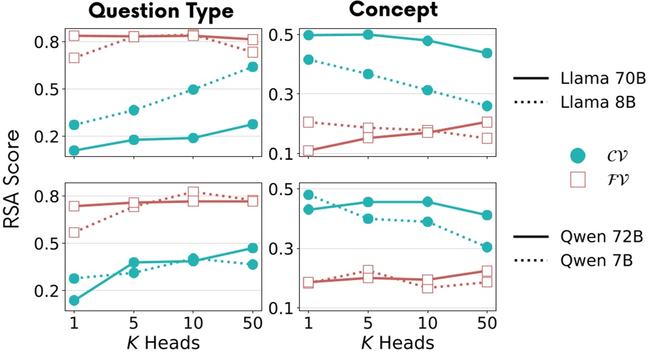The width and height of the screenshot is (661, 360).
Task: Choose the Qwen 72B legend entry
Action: pos(577,237)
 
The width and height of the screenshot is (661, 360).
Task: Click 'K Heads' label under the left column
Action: pos(163,343)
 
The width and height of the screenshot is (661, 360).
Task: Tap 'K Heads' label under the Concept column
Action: pos(397,343)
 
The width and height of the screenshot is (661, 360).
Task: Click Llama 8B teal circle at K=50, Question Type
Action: pos(252,67)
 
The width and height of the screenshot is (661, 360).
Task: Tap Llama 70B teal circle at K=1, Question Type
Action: pos(74,151)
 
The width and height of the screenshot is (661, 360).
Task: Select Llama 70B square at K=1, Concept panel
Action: pos(308,151)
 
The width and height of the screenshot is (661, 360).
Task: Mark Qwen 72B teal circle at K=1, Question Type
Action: pos(74,300)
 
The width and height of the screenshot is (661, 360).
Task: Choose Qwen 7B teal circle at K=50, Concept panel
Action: pos(486,247)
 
